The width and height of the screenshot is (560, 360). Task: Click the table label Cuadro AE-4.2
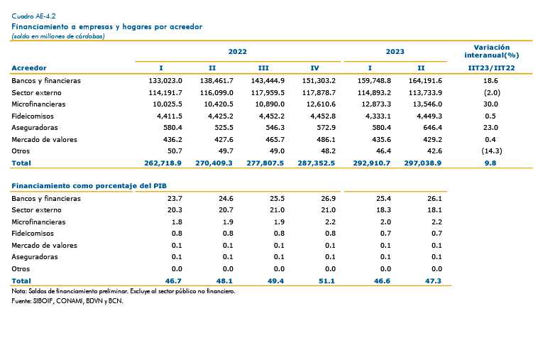tap(33, 16)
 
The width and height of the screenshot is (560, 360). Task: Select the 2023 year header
tap(395, 51)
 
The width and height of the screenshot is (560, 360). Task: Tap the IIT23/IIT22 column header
tap(491, 68)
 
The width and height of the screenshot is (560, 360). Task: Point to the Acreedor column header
tap(29, 68)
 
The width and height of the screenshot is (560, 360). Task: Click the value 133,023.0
tap(165, 81)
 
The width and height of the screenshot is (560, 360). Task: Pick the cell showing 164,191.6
tap(425, 81)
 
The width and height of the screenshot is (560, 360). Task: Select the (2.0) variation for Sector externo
tap(492, 93)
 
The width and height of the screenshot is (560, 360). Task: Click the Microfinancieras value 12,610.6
tap(319, 104)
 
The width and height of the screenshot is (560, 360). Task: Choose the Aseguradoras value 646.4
tap(432, 128)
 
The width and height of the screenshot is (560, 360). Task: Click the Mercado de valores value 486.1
tap(326, 140)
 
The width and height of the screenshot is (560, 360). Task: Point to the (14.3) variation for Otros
tap(492, 151)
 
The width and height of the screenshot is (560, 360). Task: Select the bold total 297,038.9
tap(423, 163)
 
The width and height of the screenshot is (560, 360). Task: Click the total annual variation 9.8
tap(490, 163)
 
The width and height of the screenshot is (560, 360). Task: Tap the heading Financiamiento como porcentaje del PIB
tap(89, 186)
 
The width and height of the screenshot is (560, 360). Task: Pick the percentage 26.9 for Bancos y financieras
tap(328, 199)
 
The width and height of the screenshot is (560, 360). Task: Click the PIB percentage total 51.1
tap(326, 281)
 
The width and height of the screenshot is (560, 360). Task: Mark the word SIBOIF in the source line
tap(43, 301)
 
